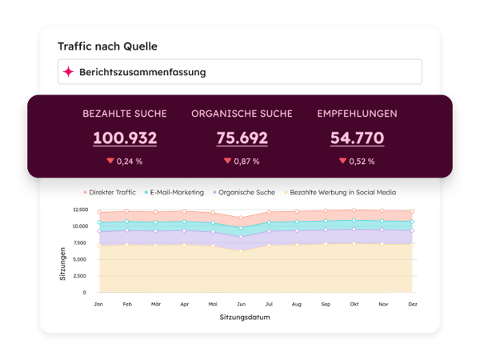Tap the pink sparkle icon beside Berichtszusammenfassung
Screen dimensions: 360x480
tap(69, 72)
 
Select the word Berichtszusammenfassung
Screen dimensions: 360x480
tap(142, 72)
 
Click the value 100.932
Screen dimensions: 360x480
tap(125, 138)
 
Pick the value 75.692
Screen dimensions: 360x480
tap(242, 138)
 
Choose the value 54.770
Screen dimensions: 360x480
tap(357, 138)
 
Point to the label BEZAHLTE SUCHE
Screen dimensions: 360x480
tap(125, 114)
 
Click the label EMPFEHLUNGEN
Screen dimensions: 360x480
tap(357, 114)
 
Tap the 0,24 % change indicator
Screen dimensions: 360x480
tap(125, 161)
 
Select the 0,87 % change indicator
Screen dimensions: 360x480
tap(242, 161)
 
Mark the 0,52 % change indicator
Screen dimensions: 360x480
tap(357, 161)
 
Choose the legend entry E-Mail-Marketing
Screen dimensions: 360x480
tap(175, 192)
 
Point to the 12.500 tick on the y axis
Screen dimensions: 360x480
tap(79, 210)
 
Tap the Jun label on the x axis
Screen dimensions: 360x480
tap(241, 305)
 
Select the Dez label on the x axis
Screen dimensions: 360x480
tap(411, 305)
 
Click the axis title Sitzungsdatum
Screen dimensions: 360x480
tap(253, 318)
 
